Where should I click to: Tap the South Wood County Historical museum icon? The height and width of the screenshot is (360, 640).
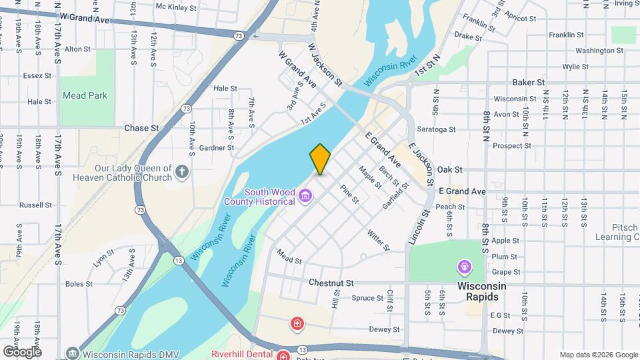click(306, 195)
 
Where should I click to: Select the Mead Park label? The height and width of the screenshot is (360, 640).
click(85, 95)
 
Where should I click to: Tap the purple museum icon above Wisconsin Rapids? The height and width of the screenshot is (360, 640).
click(463, 267)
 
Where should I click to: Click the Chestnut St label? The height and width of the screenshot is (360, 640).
click(331, 283)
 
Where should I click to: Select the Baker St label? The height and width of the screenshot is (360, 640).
click(529, 83)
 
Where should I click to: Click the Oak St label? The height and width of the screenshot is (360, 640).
click(450, 170)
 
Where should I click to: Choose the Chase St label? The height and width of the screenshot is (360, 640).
click(141, 127)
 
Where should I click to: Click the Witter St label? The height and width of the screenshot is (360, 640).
click(377, 241)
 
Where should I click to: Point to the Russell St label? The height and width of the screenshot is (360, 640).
click(35, 205)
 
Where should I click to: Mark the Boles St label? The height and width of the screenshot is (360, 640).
click(79, 284)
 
